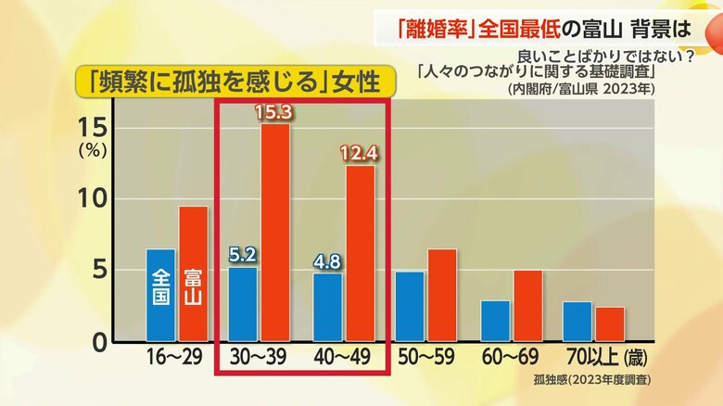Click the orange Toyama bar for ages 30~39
pyautogui.click(x=275, y=232)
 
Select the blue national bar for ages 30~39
pyautogui.click(x=243, y=304)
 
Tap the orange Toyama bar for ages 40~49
pyautogui.click(x=360, y=253)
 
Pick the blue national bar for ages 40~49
pyautogui.click(x=327, y=307)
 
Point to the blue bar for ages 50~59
pyautogui.click(x=411, y=306)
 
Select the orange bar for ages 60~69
pyautogui.click(x=527, y=306)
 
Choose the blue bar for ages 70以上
pyautogui.click(x=577, y=321)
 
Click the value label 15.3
pyautogui.click(x=275, y=111)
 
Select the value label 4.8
pyautogui.click(x=327, y=261)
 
